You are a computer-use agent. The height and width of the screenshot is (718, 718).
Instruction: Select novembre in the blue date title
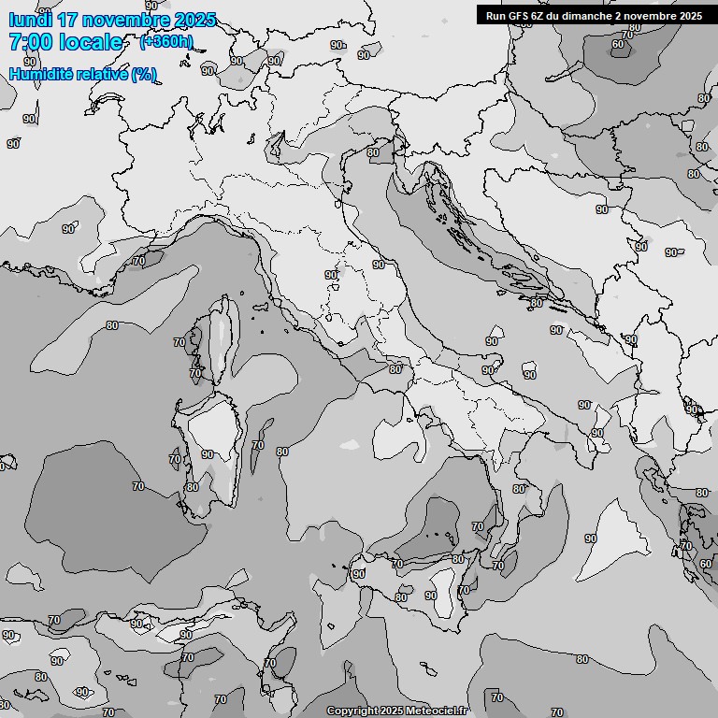tap(124, 20)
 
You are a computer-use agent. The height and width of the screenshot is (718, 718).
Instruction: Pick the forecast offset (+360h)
tap(166, 42)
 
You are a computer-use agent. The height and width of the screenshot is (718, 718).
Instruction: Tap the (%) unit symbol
tap(144, 74)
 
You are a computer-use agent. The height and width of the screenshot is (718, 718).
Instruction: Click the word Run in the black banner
tap(496, 15)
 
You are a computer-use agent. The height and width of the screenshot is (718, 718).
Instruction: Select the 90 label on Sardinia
tap(208, 454)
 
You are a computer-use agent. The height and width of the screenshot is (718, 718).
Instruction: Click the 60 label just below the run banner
tap(617, 44)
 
